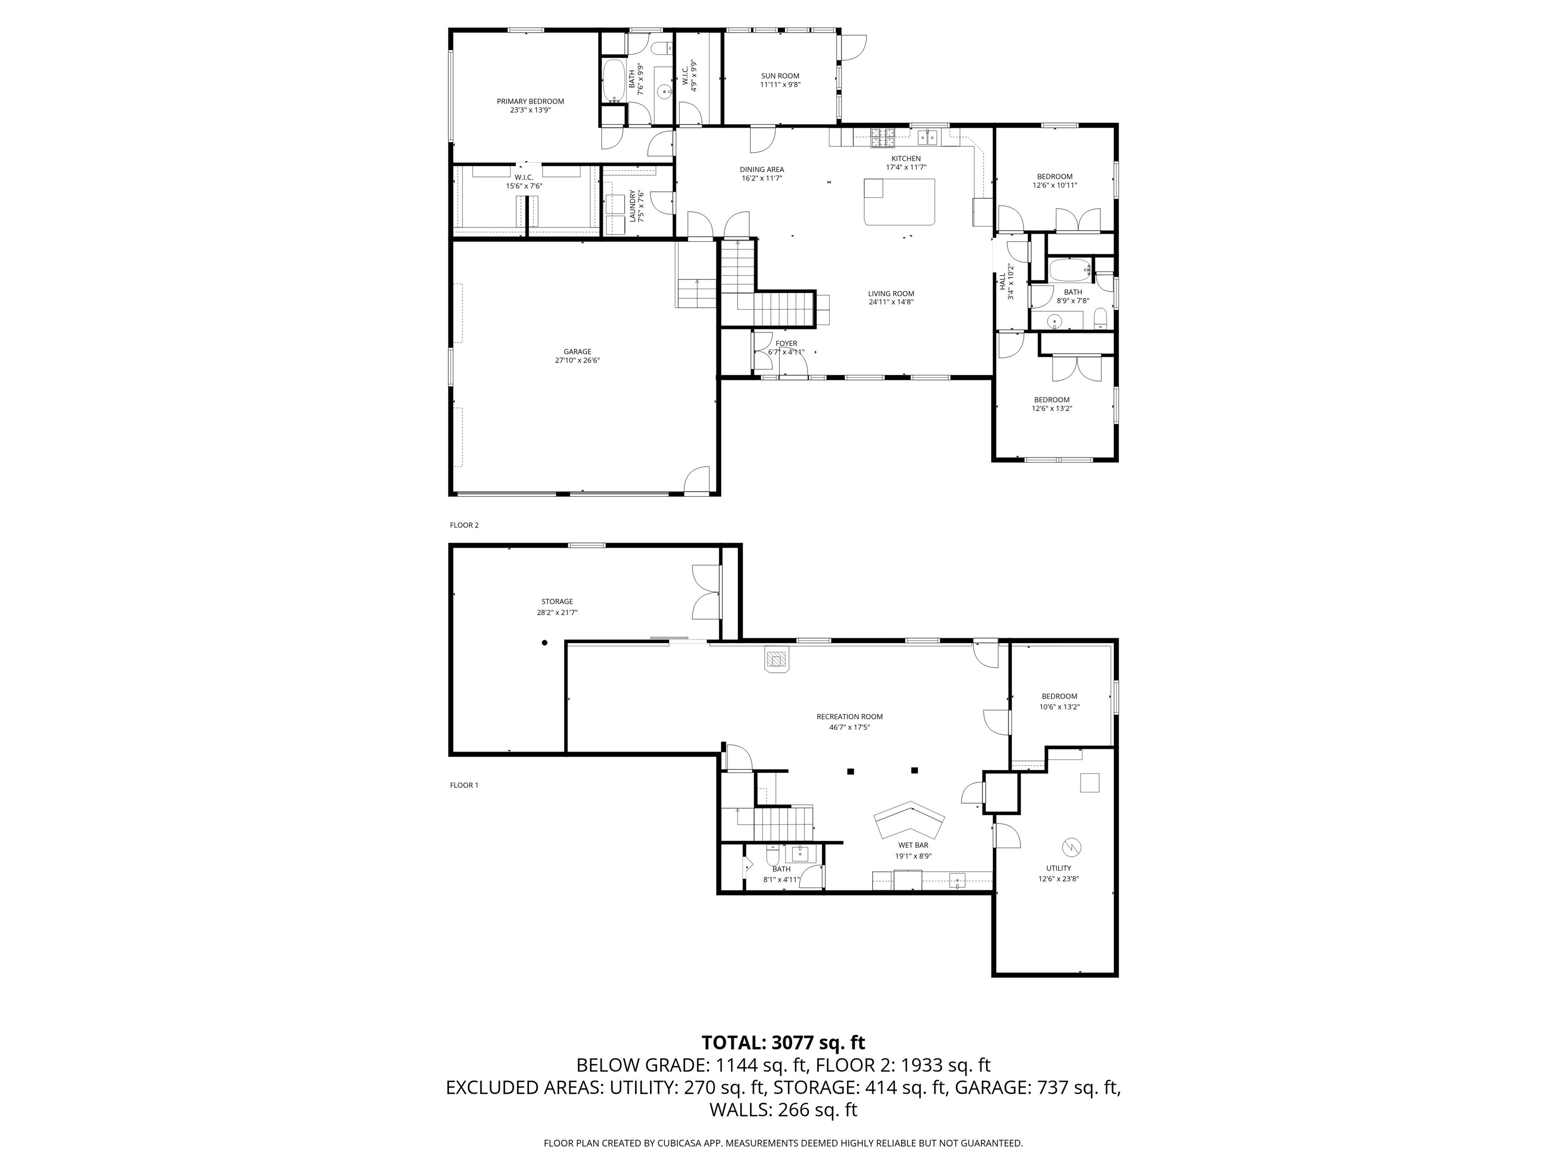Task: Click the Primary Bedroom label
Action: [530, 101]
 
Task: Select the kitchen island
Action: [899, 202]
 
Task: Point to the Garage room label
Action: [577, 351]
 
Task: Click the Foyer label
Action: [787, 344]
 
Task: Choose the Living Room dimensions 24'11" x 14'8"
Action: [891, 302]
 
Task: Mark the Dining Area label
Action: [762, 169]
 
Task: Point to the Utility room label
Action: [1058, 869]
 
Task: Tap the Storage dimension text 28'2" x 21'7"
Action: [557, 612]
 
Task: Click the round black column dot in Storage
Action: [545, 643]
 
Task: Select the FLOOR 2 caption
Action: [464, 525]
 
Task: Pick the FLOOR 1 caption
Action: [464, 785]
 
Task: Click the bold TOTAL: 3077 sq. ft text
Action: [783, 1042]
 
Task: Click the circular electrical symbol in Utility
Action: [1071, 847]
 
